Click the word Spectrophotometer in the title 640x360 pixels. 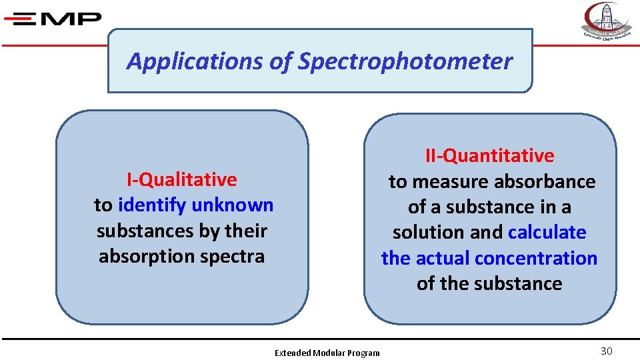(405, 61)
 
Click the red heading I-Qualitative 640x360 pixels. (182, 179)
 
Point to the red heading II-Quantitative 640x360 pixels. (490, 155)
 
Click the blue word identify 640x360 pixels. (151, 205)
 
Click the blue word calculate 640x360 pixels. (547, 233)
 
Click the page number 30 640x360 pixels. (606, 351)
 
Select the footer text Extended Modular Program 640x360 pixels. (327, 353)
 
